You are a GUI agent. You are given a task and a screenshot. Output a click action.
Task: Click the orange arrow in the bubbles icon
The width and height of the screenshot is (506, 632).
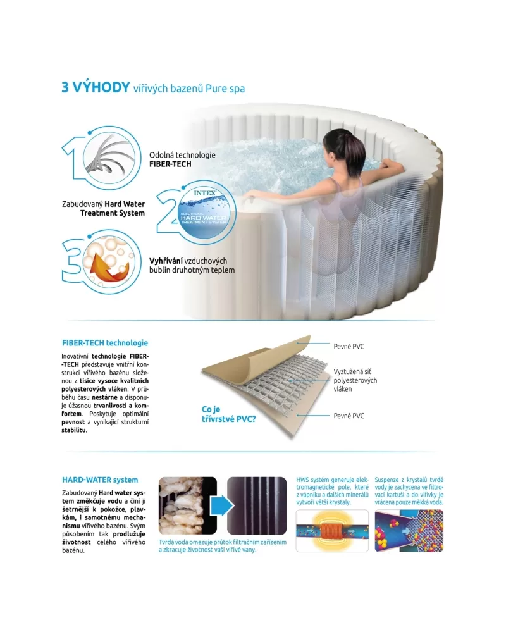point(109,267)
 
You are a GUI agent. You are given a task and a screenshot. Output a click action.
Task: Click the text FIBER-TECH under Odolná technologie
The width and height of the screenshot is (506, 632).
point(170,164)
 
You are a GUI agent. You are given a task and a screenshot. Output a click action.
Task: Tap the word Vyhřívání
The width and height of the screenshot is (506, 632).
point(166,261)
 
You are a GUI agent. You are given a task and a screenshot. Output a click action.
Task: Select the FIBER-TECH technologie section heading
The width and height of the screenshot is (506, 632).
point(105,343)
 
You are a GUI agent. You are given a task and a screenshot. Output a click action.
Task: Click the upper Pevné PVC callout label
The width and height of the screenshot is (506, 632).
point(349,346)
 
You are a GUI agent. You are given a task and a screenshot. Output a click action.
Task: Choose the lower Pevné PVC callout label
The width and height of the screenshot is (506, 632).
point(349,416)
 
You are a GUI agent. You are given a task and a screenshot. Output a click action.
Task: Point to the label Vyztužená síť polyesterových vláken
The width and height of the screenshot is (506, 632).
point(355,380)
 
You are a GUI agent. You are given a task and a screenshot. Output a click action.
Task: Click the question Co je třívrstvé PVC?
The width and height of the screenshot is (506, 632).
point(228,414)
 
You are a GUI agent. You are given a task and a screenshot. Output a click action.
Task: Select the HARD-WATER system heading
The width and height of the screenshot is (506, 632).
point(100,480)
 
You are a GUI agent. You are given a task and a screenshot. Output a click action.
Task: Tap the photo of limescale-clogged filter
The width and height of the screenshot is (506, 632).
point(188,505)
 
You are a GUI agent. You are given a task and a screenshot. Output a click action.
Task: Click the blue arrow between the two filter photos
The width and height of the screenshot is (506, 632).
point(222,505)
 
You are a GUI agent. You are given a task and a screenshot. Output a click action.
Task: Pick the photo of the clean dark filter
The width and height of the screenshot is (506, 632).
point(257,505)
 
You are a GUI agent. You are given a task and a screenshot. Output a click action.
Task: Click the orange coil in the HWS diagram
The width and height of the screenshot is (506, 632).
point(331,531)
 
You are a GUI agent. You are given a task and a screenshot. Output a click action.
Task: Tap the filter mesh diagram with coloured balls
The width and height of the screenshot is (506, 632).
point(409,530)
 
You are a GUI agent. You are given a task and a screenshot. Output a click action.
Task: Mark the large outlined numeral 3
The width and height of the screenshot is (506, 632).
point(73,261)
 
